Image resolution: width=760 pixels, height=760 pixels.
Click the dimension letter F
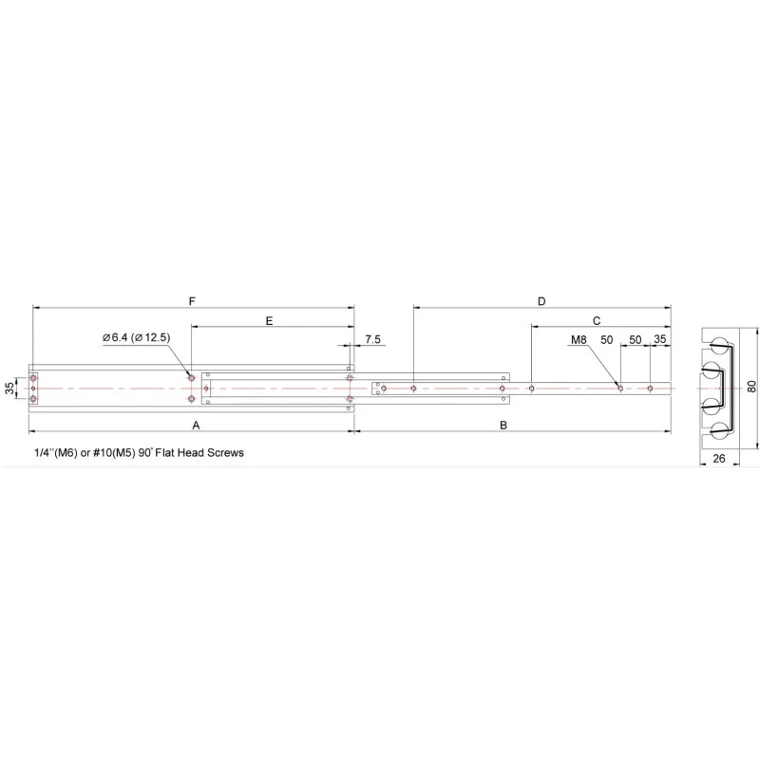point(192,301)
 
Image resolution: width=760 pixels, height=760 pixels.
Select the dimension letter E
point(270,321)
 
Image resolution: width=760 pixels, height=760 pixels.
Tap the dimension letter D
point(541,301)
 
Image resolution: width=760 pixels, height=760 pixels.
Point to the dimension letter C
point(597,321)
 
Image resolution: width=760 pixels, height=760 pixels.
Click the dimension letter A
point(196,425)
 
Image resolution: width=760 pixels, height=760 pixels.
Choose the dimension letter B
point(503,425)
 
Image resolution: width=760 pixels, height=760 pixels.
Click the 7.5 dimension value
point(372,339)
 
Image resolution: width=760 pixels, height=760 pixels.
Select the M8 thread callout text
point(579,339)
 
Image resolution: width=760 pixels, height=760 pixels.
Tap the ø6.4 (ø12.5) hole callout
point(136,337)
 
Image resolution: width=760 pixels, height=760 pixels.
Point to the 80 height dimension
point(751,387)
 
